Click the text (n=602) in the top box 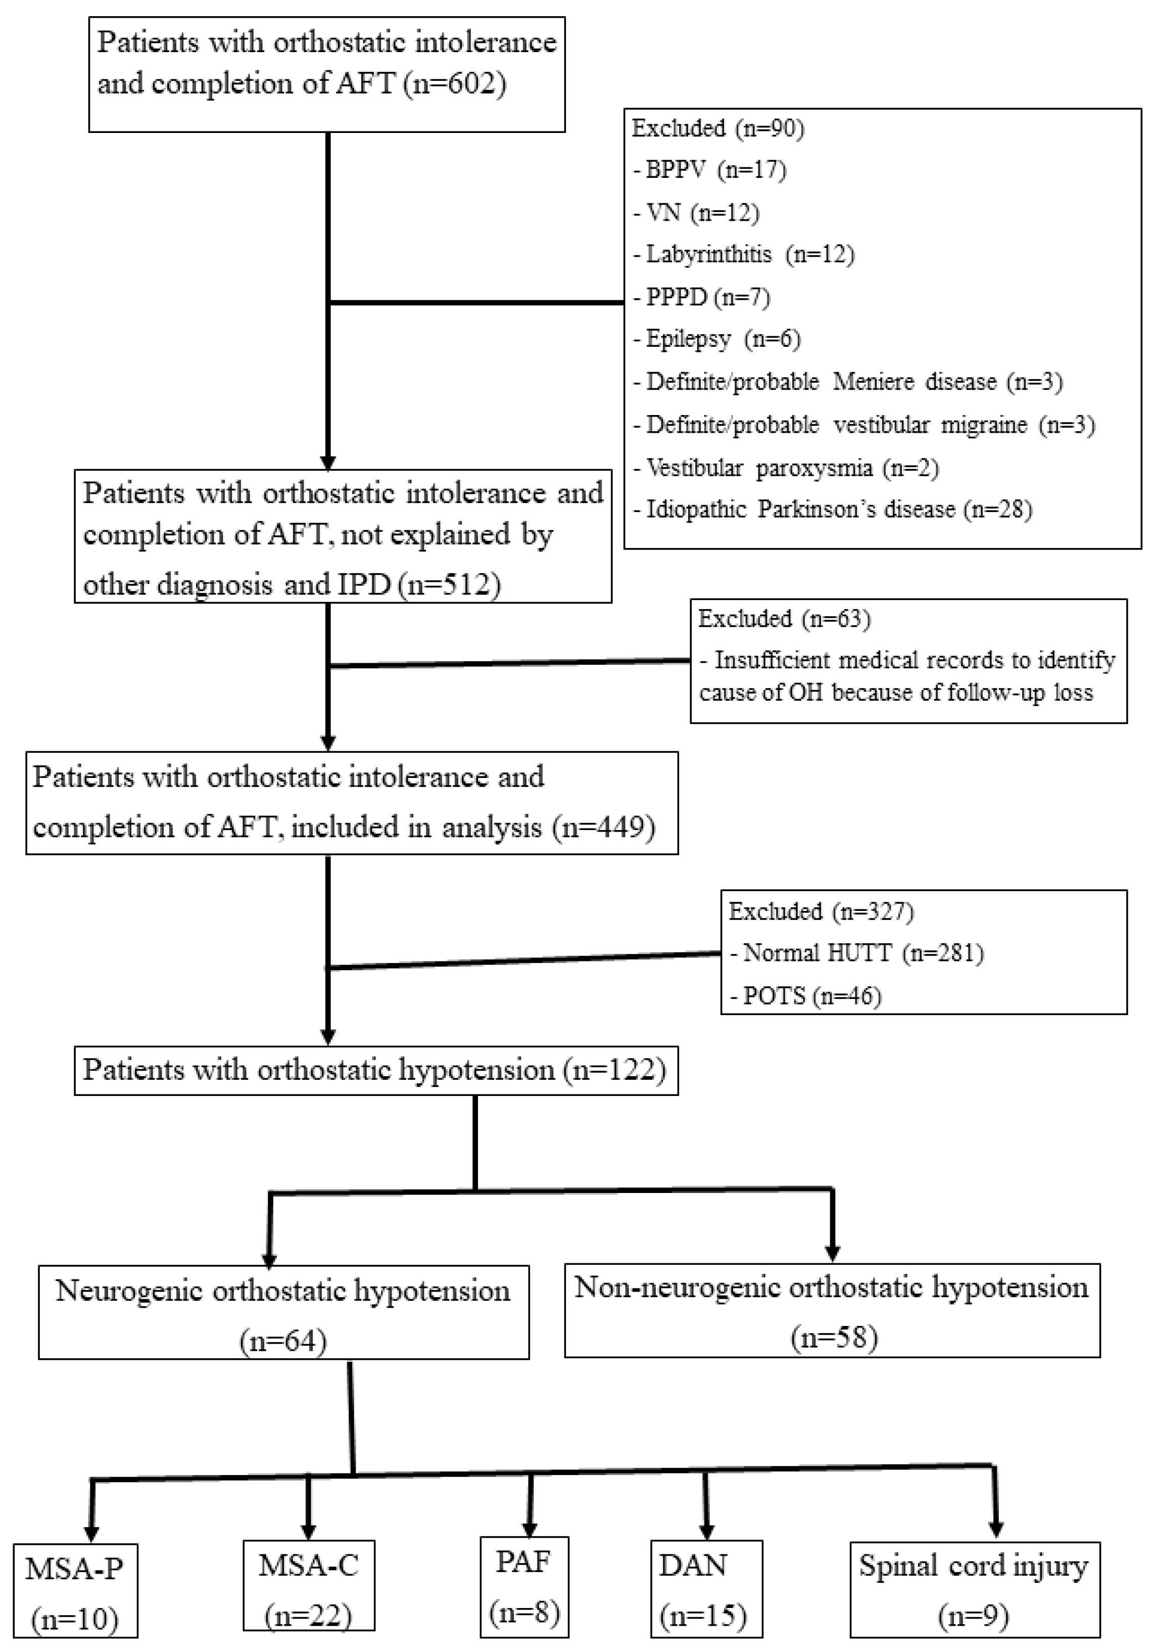pyautogui.click(x=454, y=83)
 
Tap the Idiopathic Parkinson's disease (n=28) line pyautogui.click(x=832, y=510)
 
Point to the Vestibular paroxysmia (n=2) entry pyautogui.click(x=786, y=469)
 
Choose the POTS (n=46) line pyautogui.click(x=805, y=996)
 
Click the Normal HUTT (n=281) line pyautogui.click(x=856, y=953)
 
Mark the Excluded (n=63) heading pyautogui.click(x=784, y=619)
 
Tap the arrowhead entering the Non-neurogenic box pyautogui.click(x=832, y=1253)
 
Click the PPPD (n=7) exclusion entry pyautogui.click(x=701, y=297)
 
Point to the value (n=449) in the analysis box pyautogui.click(x=603, y=828)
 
